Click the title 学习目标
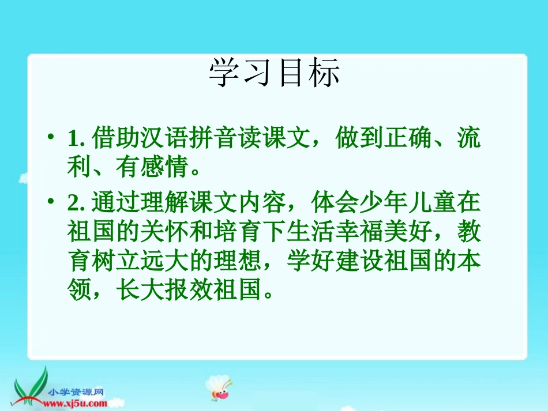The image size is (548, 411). tap(275, 73)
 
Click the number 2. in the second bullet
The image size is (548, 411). tap(76, 204)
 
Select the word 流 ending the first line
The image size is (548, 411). tap(469, 139)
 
